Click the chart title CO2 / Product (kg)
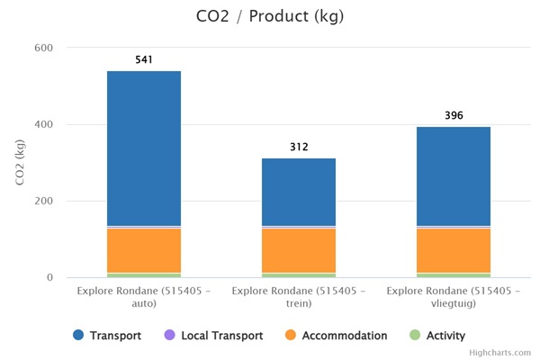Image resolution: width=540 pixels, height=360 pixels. (270, 16)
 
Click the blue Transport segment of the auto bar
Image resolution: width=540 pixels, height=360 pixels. (144, 148)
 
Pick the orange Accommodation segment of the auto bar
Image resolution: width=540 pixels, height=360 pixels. (144, 250)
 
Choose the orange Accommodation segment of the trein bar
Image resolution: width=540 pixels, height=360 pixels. (299, 250)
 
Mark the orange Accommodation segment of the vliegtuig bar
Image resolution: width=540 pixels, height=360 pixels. (454, 250)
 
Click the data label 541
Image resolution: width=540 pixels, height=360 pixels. (144, 60)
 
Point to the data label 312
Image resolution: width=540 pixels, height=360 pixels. (299, 147)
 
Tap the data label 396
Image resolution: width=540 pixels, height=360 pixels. (454, 115)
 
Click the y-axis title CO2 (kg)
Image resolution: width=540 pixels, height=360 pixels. (20, 162)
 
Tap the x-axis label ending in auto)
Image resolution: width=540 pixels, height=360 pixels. (144, 298)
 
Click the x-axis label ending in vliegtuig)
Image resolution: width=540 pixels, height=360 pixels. (454, 298)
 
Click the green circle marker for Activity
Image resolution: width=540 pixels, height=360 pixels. (415, 336)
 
